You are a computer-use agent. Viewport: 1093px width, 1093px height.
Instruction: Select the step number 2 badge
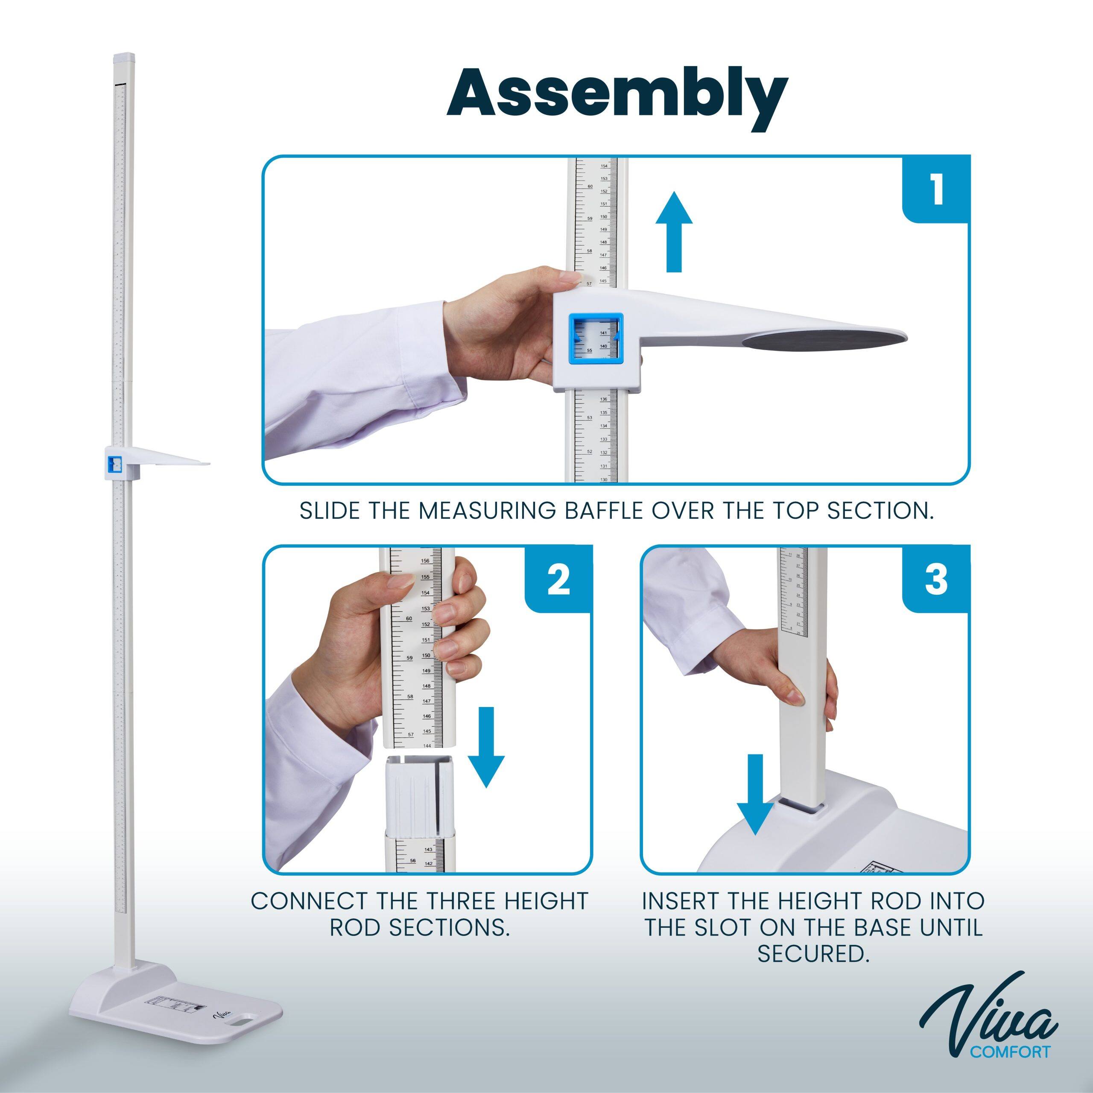(559, 580)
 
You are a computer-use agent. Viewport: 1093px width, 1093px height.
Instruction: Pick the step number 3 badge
(936, 580)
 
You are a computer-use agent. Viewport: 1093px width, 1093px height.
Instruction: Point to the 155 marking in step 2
(425, 577)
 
